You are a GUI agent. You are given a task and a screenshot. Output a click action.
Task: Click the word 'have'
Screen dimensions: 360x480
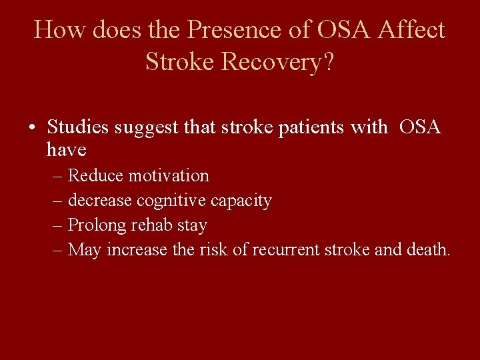click(x=67, y=150)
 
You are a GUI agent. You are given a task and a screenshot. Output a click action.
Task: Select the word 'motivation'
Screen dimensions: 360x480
click(x=169, y=176)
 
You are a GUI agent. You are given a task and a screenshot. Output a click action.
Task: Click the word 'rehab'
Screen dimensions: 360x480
click(x=151, y=225)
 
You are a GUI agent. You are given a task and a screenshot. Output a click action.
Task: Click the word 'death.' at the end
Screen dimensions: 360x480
click(x=431, y=250)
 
